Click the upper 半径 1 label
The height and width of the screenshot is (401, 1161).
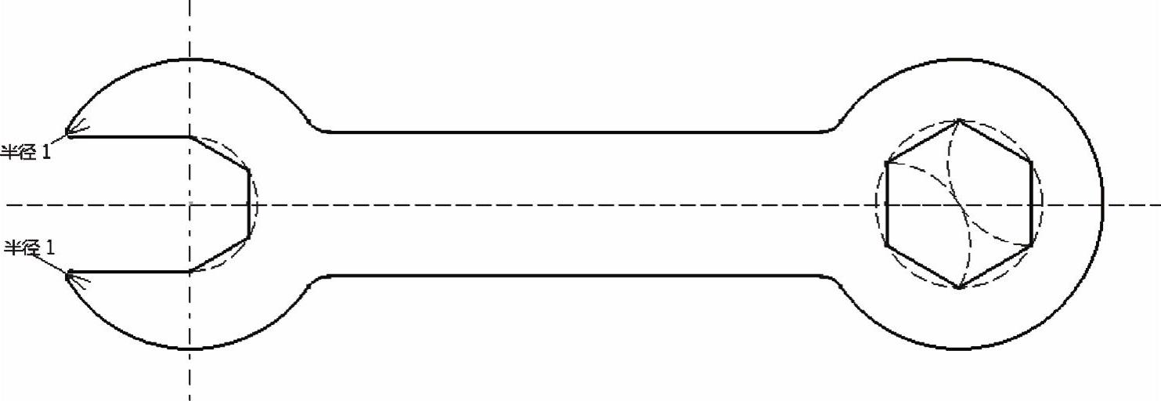tap(26, 152)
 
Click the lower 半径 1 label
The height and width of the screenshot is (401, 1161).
tap(31, 248)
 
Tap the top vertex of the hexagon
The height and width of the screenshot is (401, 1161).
tap(959, 121)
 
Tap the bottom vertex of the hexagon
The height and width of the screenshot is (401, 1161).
tap(959, 288)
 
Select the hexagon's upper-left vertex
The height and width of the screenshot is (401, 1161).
tap(887, 163)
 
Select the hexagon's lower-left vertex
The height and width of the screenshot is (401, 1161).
tap(887, 246)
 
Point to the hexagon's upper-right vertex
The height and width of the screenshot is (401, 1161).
tap(1031, 163)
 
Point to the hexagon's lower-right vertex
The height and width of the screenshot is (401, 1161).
tap(1031, 246)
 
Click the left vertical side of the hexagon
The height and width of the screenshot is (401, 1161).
tap(887, 204)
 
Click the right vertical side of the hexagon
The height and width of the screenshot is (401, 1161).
tap(1031, 204)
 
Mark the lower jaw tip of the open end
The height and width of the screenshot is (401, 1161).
tap(69, 274)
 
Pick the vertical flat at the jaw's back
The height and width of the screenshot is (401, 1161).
tap(248, 204)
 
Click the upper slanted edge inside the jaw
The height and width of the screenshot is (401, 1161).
tap(219, 154)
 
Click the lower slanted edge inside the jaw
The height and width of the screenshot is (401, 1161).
tap(219, 254)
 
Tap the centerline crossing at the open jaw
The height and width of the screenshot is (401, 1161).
tap(189, 204)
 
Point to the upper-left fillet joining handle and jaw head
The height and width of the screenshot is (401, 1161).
tap(315, 126)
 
